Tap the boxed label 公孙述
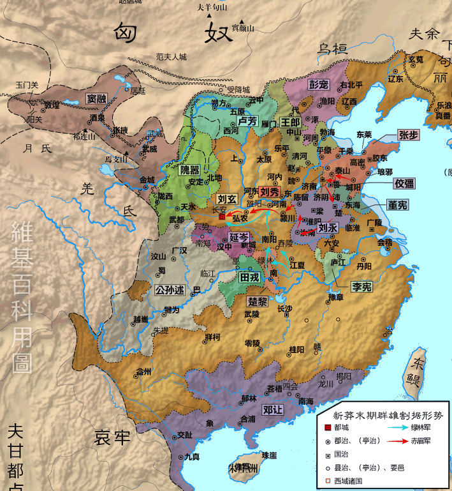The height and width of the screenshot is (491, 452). click(170, 290)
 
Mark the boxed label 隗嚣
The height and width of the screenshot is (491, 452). click(191, 169)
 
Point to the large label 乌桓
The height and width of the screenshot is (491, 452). click(332, 48)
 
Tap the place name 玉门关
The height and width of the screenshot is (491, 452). click(27, 85)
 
